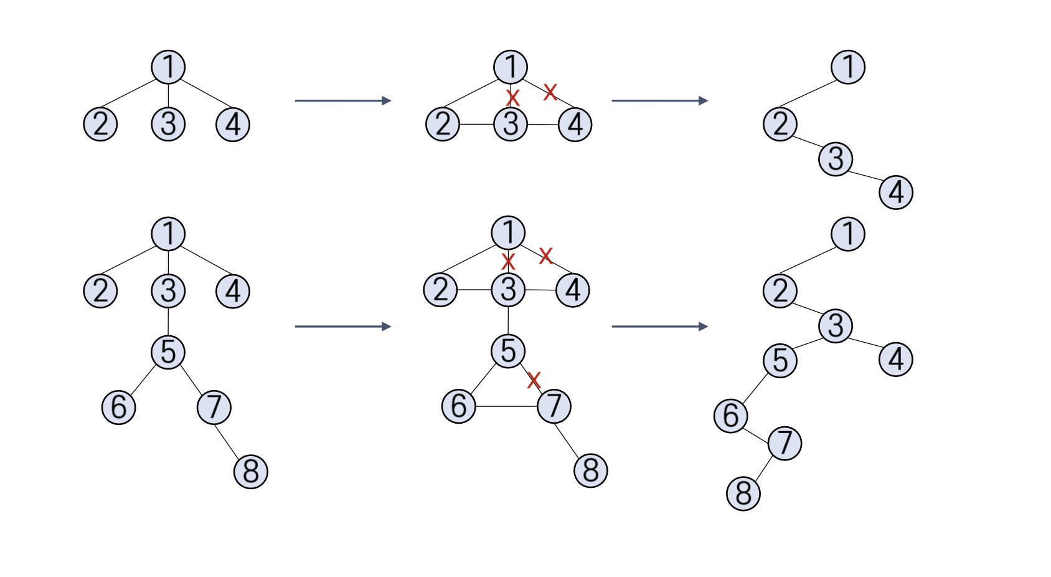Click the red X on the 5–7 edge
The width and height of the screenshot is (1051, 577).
534,379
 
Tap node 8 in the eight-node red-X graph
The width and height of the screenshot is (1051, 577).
590,470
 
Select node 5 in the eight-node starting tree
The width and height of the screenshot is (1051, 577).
168,352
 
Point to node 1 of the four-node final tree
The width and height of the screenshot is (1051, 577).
847,67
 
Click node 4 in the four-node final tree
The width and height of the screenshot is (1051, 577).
896,192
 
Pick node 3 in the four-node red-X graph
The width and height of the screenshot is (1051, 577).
511,124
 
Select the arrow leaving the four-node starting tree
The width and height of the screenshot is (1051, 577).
342,100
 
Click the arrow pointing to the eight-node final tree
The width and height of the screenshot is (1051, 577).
659,327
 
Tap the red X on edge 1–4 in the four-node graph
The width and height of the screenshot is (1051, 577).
550,92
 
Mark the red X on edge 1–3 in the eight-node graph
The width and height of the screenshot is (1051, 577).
508,261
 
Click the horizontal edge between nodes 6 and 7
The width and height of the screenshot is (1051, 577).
506,406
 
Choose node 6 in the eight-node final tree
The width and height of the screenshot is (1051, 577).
730,416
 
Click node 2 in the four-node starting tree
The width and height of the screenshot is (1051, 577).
100,124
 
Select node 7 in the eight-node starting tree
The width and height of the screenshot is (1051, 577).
214,408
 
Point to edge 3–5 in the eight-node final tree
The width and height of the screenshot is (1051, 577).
808,343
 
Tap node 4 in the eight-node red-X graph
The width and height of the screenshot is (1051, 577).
573,290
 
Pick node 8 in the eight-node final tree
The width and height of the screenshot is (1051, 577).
743,494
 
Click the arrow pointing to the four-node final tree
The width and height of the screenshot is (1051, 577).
659,100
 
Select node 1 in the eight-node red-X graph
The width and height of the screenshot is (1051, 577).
508,232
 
